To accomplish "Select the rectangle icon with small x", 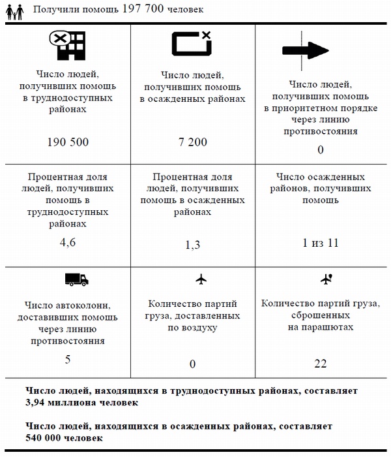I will tap(191, 42).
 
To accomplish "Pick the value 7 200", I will tap(192, 142).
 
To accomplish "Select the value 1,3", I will tap(192, 245).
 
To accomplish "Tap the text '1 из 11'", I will tap(320, 243).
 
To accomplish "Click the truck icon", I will tap(76, 279).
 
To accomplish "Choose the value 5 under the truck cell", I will tap(68, 360).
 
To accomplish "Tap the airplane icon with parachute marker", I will tap(327, 279).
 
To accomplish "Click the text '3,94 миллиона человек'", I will tap(82, 402).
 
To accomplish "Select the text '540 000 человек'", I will tap(65, 437).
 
